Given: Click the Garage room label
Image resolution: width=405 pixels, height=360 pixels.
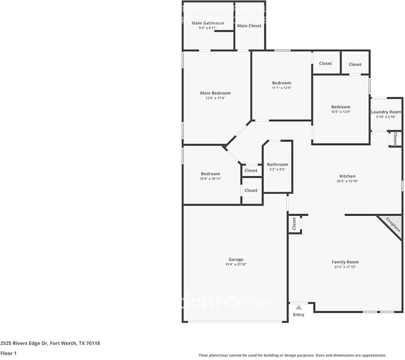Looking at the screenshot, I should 236,260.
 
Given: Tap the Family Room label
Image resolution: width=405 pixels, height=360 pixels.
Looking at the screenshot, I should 345,262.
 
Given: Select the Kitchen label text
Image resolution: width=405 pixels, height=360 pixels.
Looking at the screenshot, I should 347,176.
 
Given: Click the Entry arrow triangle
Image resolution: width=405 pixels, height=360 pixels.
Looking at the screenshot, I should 299,307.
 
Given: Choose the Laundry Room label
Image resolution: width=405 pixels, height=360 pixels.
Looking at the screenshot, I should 386,112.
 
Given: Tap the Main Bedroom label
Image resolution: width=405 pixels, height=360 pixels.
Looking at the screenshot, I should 215,93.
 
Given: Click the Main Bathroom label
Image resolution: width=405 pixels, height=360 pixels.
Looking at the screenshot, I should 208,23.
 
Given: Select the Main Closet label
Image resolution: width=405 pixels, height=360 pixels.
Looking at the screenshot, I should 249,26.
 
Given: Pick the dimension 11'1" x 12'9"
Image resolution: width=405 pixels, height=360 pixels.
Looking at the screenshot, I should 281,87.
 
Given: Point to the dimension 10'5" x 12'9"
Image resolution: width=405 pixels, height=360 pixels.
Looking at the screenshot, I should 341,112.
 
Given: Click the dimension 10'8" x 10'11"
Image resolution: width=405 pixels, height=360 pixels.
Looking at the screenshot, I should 211,179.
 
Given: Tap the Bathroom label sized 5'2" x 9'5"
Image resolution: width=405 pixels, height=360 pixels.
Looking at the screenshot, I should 277,164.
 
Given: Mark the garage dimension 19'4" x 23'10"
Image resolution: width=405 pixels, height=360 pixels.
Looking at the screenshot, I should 236,264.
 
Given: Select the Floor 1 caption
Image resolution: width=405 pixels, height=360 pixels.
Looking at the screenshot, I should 8,353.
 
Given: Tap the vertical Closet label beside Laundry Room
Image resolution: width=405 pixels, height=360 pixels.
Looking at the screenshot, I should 395,139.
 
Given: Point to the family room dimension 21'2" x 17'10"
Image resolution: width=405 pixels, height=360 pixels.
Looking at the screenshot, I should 345,267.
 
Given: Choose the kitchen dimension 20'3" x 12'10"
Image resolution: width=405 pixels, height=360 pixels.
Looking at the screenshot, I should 347,181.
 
